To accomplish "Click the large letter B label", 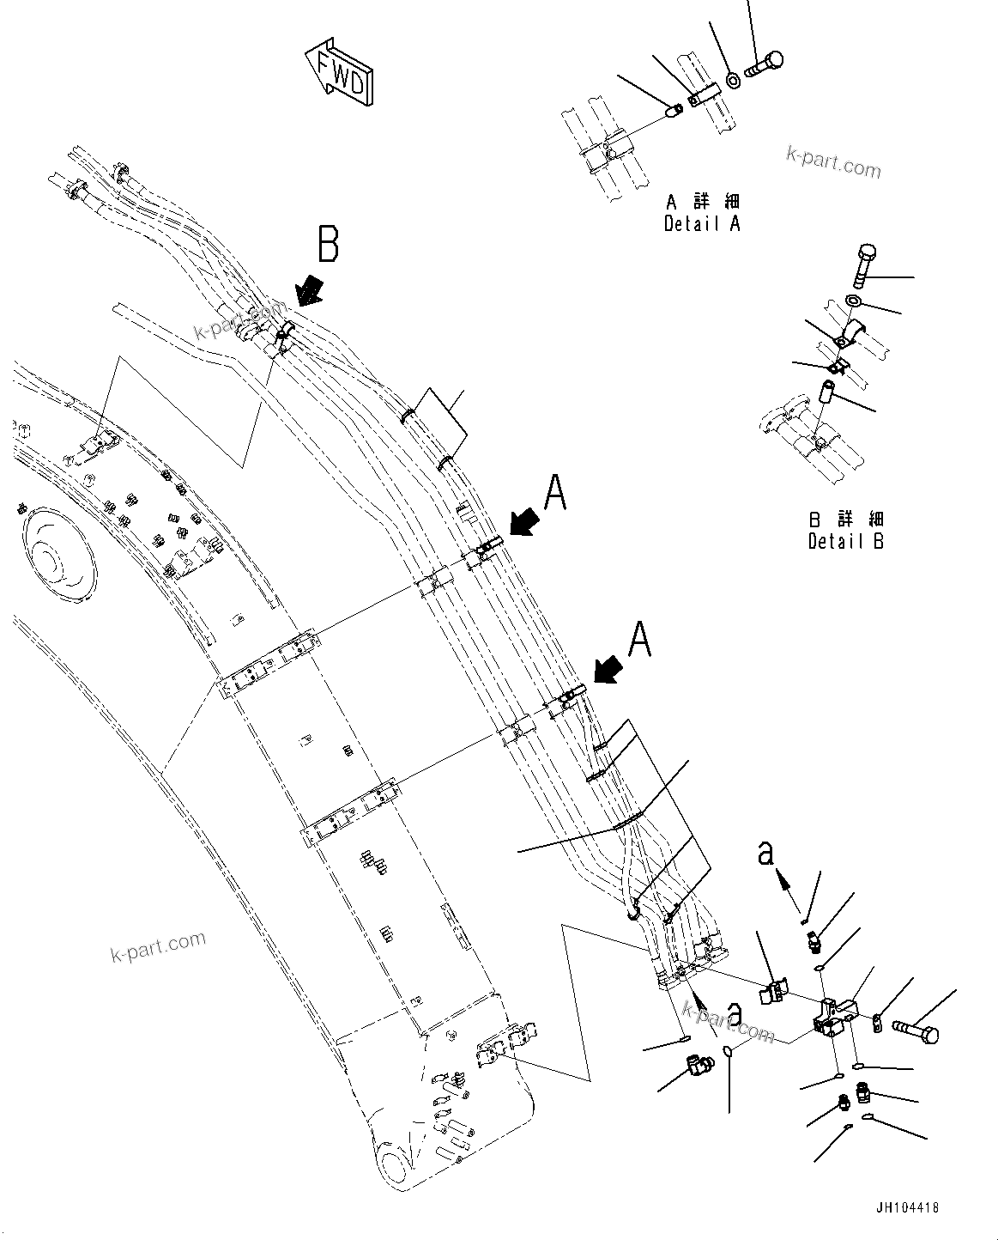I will tap(329, 243).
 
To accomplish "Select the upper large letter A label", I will tap(555, 494).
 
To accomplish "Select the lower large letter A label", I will tap(639, 641).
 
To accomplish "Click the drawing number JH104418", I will tap(906, 1207).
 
